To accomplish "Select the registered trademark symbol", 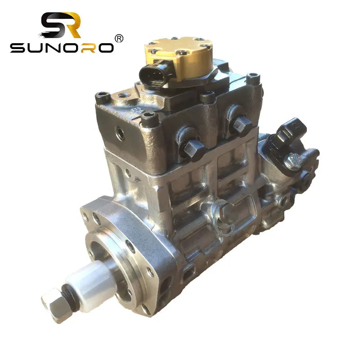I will [x=119, y=39].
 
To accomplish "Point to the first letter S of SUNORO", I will [x=19, y=48].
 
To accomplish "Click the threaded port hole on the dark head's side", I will [x=120, y=132].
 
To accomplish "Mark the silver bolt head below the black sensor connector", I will [x=292, y=159].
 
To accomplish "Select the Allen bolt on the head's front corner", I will [x=150, y=119].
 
